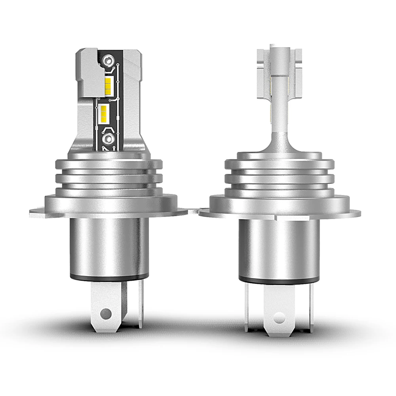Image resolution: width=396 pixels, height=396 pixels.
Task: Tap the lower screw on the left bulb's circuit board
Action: click(x=107, y=139)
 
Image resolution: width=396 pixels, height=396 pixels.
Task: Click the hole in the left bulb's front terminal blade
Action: click(x=105, y=314)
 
